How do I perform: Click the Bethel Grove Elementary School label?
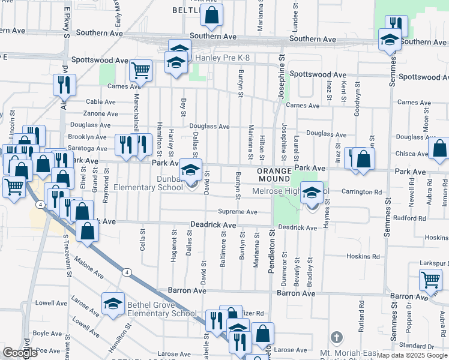(161, 309)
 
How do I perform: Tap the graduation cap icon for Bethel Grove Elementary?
(112, 304)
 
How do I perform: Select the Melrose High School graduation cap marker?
(312, 193)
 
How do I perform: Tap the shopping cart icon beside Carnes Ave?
(140, 70)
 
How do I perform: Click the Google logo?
(20, 353)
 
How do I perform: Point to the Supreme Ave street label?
(237, 212)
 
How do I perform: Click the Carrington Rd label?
(361, 192)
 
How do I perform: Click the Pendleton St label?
(271, 251)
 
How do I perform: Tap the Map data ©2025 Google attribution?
(412, 355)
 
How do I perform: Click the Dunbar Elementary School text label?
(148, 183)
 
